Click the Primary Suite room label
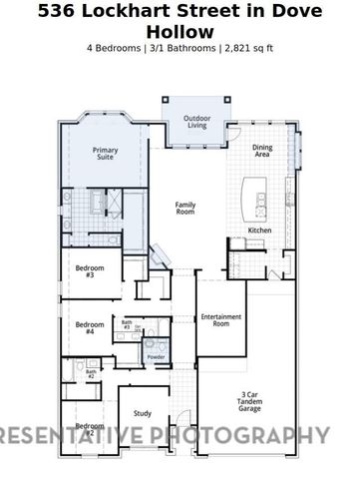pos(105,154)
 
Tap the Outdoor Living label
pos(195,123)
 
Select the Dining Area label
pos(262,152)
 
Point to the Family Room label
pos(184,208)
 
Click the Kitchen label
pos(259,231)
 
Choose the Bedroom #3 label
pos(90,270)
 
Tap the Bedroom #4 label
pos(90,327)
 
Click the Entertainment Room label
pos(221,320)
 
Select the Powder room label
pos(156,356)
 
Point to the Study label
pos(142,415)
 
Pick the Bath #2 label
pos(90,374)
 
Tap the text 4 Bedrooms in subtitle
pos(108,47)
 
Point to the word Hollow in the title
pos(180,32)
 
